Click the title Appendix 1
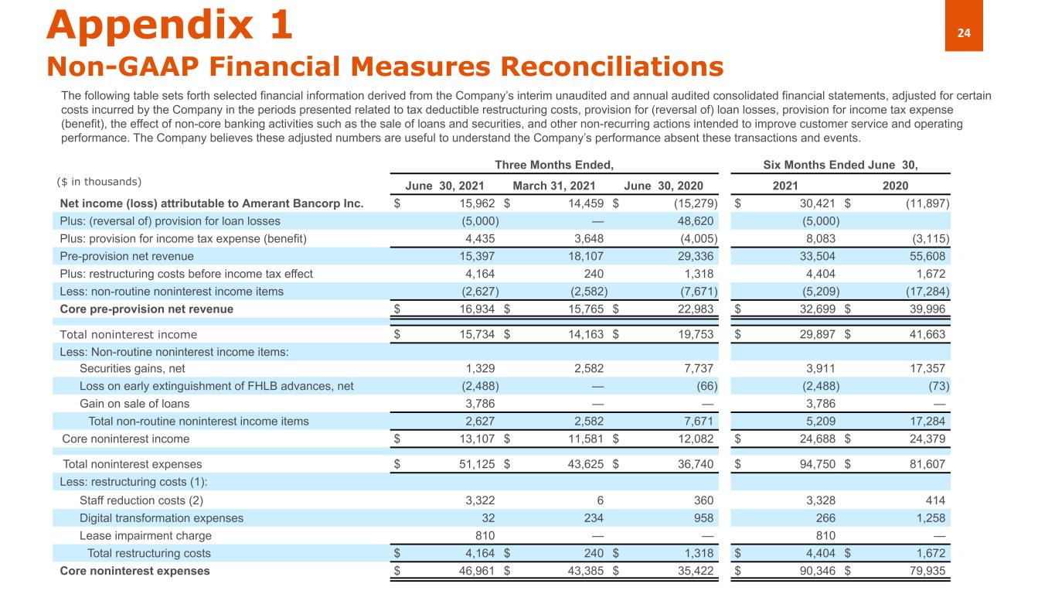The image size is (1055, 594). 170,25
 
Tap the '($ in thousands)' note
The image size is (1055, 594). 99,182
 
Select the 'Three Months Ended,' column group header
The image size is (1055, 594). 554,164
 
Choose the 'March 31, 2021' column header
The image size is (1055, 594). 553,186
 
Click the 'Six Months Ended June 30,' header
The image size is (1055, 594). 840,164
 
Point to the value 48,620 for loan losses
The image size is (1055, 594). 693,220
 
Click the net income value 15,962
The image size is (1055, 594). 475,203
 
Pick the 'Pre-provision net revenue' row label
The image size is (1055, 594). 127,256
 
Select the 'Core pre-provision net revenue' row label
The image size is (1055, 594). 147,309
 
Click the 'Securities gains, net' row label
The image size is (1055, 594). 132,369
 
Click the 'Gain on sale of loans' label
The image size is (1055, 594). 134,404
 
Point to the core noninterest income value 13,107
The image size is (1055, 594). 475,439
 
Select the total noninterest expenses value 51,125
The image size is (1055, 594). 475,465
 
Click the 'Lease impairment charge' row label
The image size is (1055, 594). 145,536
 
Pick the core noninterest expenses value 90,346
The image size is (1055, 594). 816,572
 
